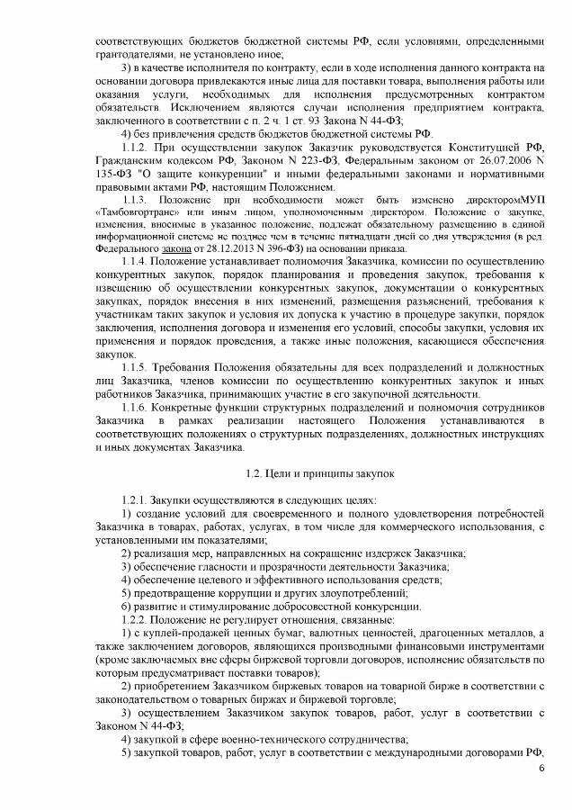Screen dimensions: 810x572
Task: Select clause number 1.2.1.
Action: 136,499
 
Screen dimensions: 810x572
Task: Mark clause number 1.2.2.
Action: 136,620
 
